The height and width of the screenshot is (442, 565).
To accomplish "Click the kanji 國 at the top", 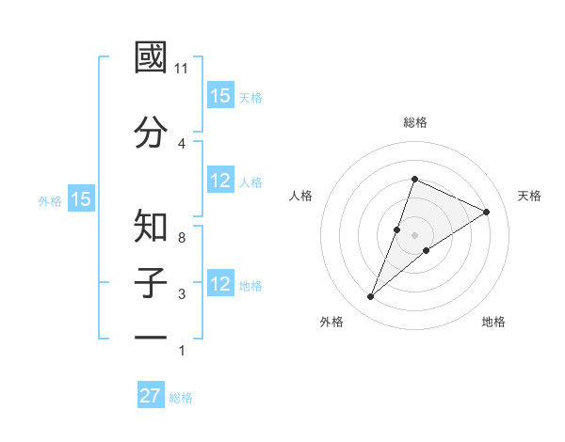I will click(x=152, y=58).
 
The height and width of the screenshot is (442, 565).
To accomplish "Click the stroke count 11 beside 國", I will click(x=182, y=68).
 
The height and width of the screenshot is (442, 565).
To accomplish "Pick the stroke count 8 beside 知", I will click(x=182, y=237).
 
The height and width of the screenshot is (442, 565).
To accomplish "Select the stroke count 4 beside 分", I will click(x=182, y=143).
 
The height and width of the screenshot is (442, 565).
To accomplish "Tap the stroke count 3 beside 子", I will click(x=182, y=293).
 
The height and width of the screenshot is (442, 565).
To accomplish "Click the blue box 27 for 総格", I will click(x=151, y=396).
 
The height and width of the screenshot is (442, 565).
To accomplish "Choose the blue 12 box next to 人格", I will click(x=220, y=182).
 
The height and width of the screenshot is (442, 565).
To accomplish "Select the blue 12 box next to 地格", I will click(x=220, y=285).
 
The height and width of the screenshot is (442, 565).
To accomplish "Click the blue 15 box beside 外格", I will click(x=80, y=199).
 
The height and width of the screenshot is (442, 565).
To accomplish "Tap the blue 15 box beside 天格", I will click(x=220, y=96).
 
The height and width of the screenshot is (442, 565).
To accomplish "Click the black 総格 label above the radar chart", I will click(x=414, y=122).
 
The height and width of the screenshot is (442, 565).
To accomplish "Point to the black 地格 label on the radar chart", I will click(x=493, y=322).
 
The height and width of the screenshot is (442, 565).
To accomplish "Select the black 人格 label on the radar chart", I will click(x=301, y=196).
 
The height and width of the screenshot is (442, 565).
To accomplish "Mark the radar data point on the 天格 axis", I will click(x=487, y=212).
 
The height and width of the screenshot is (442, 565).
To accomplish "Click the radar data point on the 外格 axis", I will click(x=370, y=297).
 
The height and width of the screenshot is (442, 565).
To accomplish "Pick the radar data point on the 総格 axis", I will click(x=414, y=179).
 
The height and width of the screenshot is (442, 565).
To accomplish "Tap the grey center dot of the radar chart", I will click(x=414, y=235).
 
